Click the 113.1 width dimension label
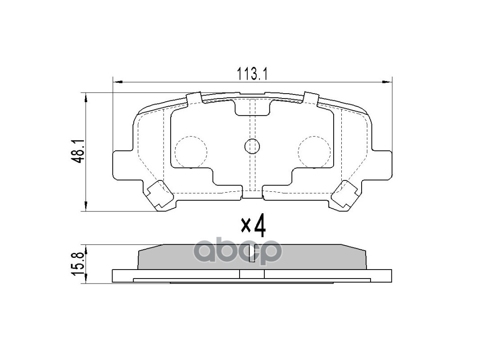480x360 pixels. click(252, 73)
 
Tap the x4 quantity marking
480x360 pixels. click(253, 226)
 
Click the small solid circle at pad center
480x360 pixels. click(252, 146)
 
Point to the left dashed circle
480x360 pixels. click(190, 151)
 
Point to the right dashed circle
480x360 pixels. click(314, 151)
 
